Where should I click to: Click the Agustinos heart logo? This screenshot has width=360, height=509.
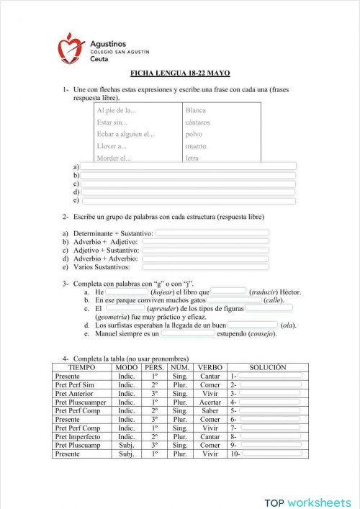[71, 48]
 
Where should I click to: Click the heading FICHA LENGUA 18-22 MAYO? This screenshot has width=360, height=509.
[180, 73]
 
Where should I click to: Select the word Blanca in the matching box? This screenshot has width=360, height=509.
[196, 110]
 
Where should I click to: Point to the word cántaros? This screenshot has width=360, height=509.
[197, 122]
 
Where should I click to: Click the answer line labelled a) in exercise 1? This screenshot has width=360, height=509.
[188, 166]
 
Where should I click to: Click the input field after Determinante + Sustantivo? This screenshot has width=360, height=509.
[212, 233]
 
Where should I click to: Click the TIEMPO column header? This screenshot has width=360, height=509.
[81, 367]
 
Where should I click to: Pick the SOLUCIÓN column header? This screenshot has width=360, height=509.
[267, 367]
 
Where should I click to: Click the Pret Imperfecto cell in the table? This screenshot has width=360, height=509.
[78, 436]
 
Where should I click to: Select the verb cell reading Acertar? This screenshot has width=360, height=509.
[210, 402]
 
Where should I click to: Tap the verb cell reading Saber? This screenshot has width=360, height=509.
[210, 410]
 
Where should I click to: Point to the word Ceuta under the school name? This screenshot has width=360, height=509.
[101, 60]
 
